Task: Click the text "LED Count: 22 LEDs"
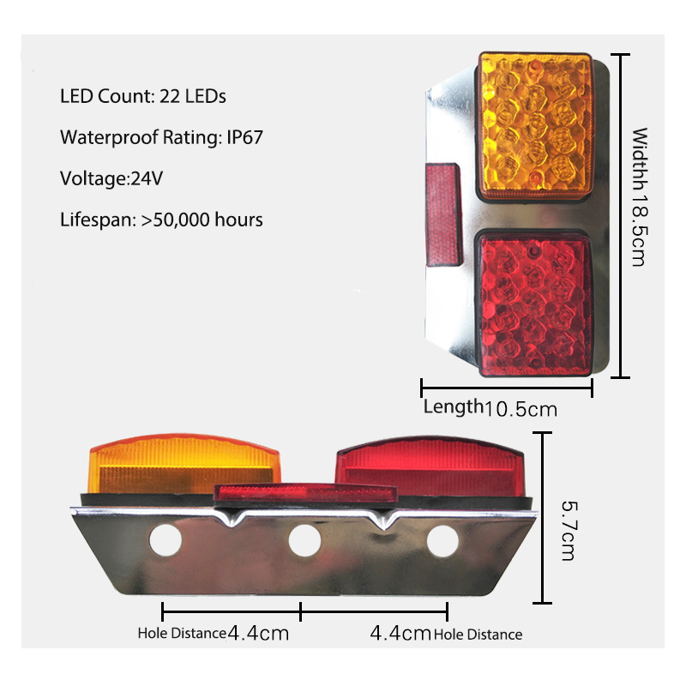pos(143,96)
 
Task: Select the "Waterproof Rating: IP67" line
pos(160,137)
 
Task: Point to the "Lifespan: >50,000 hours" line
pos(161,220)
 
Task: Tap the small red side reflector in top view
pos(443,214)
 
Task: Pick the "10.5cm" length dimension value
pos(521,409)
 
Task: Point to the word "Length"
pos(453,406)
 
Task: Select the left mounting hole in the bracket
pos(165,539)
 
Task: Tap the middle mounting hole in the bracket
pos(304,539)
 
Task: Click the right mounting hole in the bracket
pos(442,539)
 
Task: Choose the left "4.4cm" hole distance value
pos(258,634)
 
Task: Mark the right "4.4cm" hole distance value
pos(400,634)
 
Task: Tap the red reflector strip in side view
pos(307,493)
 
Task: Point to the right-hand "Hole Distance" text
pos(478,635)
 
